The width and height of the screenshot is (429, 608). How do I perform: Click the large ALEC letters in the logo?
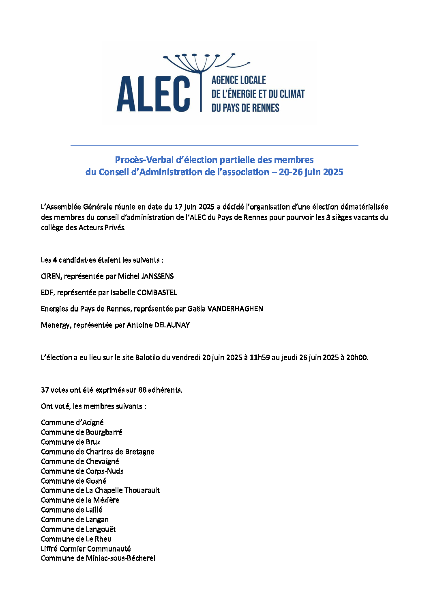point(153,94)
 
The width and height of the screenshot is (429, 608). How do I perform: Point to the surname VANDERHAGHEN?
point(235,309)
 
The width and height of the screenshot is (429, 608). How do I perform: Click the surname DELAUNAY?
point(172,325)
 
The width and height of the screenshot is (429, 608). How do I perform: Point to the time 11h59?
point(260,357)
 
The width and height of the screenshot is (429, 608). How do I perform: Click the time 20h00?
point(356,357)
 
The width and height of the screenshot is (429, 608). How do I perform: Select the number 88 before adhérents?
point(142,390)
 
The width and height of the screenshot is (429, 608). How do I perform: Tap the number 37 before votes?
point(45,390)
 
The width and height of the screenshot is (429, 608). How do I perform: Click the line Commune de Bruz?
point(71,442)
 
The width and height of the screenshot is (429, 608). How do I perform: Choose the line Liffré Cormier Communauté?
point(86,549)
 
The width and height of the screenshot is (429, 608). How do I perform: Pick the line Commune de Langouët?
point(78,529)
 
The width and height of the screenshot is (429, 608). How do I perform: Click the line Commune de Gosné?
point(73,481)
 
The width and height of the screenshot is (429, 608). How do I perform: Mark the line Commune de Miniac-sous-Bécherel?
point(98,558)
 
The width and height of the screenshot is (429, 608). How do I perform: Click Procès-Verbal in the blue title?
point(144,160)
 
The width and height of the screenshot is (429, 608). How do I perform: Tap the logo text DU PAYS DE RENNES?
point(245,108)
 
